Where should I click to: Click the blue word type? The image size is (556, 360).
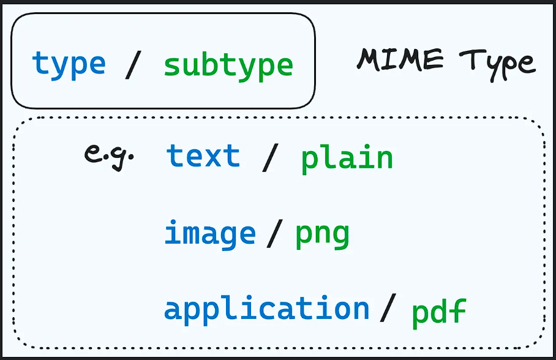tap(69, 64)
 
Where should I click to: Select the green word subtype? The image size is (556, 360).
tap(228, 64)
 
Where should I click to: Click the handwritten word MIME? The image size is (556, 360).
tap(400, 59)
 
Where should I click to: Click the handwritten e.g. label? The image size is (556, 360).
tap(108, 155)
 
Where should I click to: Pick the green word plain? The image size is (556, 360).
tap(347, 158)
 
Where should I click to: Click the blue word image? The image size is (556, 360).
tap(209, 234)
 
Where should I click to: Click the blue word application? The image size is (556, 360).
tap(266, 309)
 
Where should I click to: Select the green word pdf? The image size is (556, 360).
tap(438, 311)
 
